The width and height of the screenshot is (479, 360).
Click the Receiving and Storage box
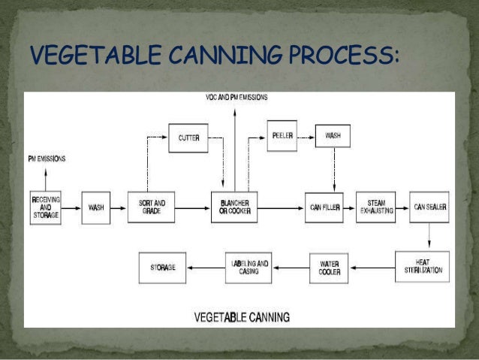(46, 206)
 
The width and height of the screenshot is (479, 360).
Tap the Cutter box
(188, 138)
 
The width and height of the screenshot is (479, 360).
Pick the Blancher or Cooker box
(234, 206)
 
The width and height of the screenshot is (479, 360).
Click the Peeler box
(282, 135)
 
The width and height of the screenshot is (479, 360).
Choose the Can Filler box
(324, 206)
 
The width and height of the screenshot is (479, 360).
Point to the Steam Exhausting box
(376, 206)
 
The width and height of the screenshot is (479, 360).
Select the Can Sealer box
(429, 206)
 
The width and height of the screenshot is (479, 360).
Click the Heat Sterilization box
(422, 267)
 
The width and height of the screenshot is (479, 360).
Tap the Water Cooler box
(330, 268)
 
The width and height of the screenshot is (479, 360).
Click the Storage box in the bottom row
(163, 267)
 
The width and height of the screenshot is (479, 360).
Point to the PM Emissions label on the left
(47, 159)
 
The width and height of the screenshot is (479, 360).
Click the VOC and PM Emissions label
(236, 98)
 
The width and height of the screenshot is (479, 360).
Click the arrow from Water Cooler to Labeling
(292, 267)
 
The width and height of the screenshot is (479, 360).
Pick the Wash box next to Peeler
(333, 136)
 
